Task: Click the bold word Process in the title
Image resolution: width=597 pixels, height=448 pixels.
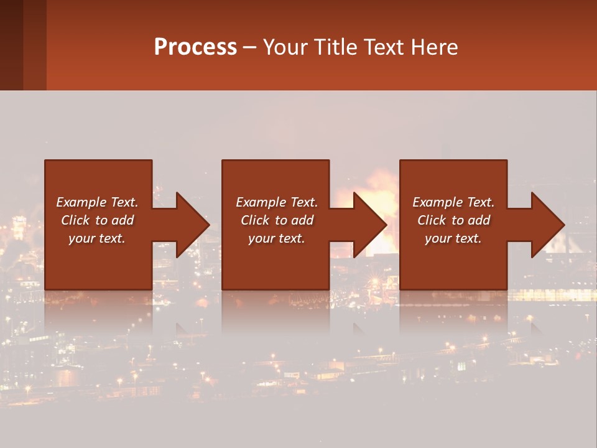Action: click(x=195, y=47)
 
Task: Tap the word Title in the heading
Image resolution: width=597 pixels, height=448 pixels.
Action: click(x=336, y=47)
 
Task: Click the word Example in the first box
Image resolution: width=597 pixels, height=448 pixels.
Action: click(x=80, y=202)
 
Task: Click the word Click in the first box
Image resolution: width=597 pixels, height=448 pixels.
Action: click(x=75, y=220)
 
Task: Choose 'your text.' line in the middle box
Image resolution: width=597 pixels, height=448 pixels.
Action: click(x=276, y=238)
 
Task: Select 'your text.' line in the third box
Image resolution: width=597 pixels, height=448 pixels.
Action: click(x=453, y=238)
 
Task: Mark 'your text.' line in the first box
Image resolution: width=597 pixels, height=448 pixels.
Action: click(x=96, y=238)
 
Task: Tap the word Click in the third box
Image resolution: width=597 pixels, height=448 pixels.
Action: click(x=432, y=220)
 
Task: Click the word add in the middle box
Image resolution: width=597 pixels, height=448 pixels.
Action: click(x=302, y=220)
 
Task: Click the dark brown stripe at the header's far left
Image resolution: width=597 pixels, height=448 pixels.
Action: click(x=11, y=45)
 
